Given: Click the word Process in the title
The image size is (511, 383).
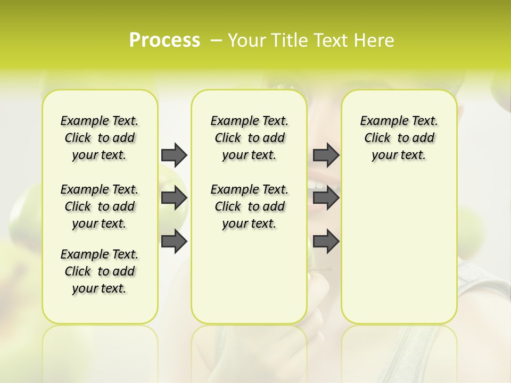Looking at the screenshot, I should (164, 40).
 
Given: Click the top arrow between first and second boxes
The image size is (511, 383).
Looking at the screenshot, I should (174, 155).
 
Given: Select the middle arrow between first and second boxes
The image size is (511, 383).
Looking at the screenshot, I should (174, 198).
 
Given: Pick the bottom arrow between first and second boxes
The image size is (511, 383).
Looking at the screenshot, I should (174, 241).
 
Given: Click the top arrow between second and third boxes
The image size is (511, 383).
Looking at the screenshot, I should (326, 155).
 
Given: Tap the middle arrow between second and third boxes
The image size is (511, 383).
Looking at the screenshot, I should (326, 198).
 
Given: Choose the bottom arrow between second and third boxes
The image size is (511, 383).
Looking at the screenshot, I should (326, 241).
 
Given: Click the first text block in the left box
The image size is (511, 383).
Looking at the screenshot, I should (100, 138).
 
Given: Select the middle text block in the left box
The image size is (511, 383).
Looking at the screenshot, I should (100, 206).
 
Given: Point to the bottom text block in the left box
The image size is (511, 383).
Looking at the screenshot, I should (100, 271).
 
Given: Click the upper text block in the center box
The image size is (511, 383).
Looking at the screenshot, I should (249, 138).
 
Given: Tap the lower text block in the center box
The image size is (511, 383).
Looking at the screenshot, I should (249, 206).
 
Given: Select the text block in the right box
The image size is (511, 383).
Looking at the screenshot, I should (399, 138).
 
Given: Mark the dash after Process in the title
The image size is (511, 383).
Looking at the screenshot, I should (216, 40).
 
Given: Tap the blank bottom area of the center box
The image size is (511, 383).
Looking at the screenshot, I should (249, 282).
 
